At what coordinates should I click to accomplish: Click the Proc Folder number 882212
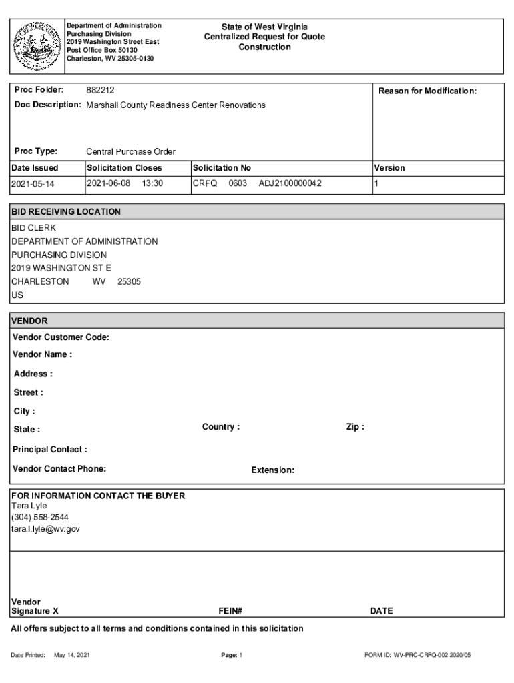(x=101, y=90)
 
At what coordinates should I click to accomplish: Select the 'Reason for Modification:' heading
(x=427, y=91)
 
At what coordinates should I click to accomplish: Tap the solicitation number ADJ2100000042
(x=290, y=183)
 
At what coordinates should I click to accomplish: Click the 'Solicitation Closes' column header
(x=124, y=168)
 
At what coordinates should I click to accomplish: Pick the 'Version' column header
(x=389, y=168)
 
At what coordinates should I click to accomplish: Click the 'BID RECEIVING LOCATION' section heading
(x=66, y=212)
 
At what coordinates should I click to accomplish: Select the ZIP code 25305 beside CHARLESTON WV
(x=129, y=281)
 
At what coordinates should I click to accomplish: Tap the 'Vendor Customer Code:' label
(x=61, y=337)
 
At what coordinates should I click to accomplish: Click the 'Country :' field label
(x=221, y=427)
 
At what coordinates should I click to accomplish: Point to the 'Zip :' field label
(x=355, y=427)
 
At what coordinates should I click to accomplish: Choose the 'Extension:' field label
(x=272, y=470)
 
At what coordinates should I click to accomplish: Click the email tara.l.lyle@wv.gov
(x=45, y=528)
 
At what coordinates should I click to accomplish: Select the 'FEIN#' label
(x=230, y=610)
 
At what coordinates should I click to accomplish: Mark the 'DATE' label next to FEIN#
(x=381, y=610)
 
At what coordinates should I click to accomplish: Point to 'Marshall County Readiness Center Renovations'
(x=176, y=105)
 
